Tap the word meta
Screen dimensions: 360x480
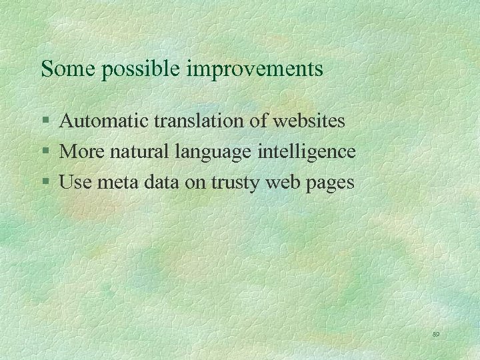pyautogui.click(x=113, y=181)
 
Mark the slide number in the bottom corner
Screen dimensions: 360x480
pyautogui.click(x=437, y=334)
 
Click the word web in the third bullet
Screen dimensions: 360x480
pyautogui.click(x=281, y=181)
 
